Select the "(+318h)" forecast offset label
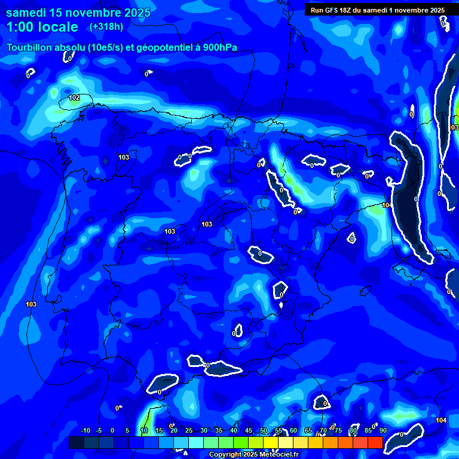(x=106, y=27)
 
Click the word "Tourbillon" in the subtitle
(x=29, y=48)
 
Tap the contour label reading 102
(x=74, y=97)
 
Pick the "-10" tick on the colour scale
(x=85, y=430)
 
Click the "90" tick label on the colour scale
(x=382, y=430)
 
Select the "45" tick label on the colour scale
(x=249, y=430)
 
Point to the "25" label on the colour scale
(x=189, y=430)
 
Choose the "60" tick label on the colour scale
(x=293, y=430)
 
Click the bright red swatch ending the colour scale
(x=375, y=442)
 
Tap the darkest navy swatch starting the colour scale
(x=76, y=442)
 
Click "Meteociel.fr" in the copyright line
(x=279, y=455)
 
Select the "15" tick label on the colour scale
(x=159, y=430)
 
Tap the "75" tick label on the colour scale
(x=338, y=430)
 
